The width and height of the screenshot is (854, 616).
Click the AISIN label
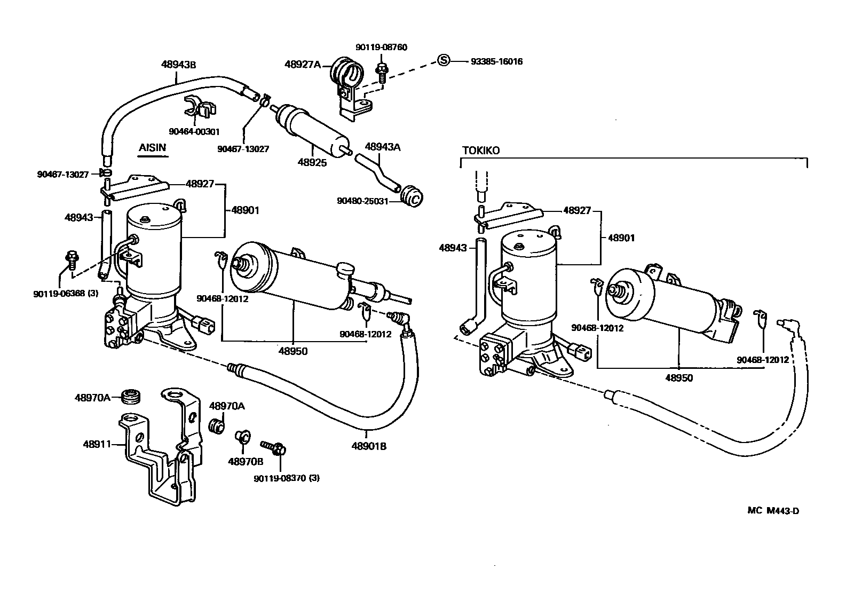coord(152,148)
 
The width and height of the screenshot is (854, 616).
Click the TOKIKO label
coord(481,151)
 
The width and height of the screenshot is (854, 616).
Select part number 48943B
coord(178,65)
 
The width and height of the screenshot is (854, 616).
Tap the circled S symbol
coord(443,60)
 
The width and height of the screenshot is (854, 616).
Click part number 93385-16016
coord(496,61)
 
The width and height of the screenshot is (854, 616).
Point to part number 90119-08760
coord(382,47)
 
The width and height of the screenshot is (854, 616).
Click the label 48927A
coord(302,64)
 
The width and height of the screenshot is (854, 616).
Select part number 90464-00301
coord(194,131)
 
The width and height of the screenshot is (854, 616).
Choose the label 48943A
coord(382,147)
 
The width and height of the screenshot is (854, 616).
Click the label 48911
coord(96,444)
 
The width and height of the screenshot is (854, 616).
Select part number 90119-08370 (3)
coord(287,478)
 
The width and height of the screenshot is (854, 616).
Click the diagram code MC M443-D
coord(773,510)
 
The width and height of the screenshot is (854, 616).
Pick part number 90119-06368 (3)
coord(65,293)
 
